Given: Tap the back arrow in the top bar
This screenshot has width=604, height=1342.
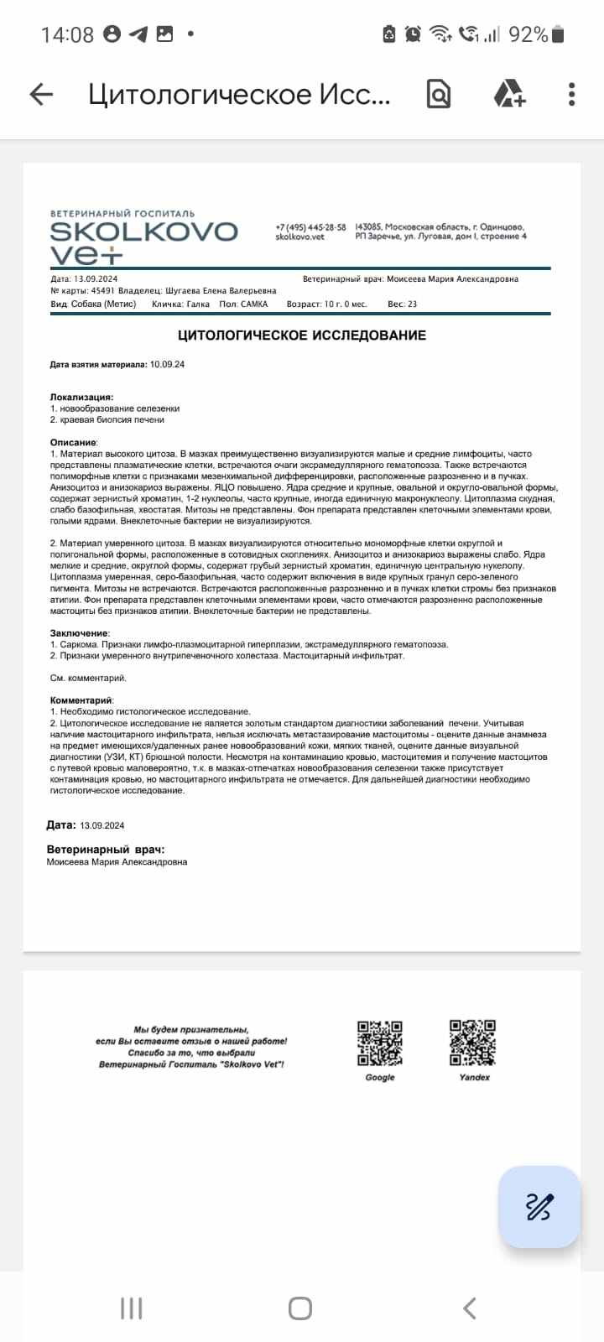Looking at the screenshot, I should point(41,95).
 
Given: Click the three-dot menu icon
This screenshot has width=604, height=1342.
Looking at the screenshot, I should point(571,94).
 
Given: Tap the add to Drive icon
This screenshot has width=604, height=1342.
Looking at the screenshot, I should point(509,94).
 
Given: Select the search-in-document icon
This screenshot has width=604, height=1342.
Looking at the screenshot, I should point(439,94).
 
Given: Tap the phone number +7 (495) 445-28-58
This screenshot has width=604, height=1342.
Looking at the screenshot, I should point(310,227).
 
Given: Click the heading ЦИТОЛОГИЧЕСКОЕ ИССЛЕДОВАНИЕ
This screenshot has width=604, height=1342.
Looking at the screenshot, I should point(302,335).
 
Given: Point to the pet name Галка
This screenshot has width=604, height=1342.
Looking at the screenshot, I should point(198,304).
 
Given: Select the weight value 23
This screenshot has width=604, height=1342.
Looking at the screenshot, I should point(412,304).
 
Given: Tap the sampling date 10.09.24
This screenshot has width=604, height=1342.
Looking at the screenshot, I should point(167,365).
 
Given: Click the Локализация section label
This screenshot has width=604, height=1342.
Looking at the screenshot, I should point(81,397).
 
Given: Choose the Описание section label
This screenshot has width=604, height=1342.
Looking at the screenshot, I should point(74,442).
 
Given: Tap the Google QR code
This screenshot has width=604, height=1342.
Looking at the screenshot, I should point(380,1043).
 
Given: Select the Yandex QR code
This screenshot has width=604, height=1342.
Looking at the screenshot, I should point(473,1043).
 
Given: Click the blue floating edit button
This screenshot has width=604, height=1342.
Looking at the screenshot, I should point(539,1207).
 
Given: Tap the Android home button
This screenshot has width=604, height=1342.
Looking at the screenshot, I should point(300,1308).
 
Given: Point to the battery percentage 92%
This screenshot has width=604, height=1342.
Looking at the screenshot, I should point(528,34).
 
